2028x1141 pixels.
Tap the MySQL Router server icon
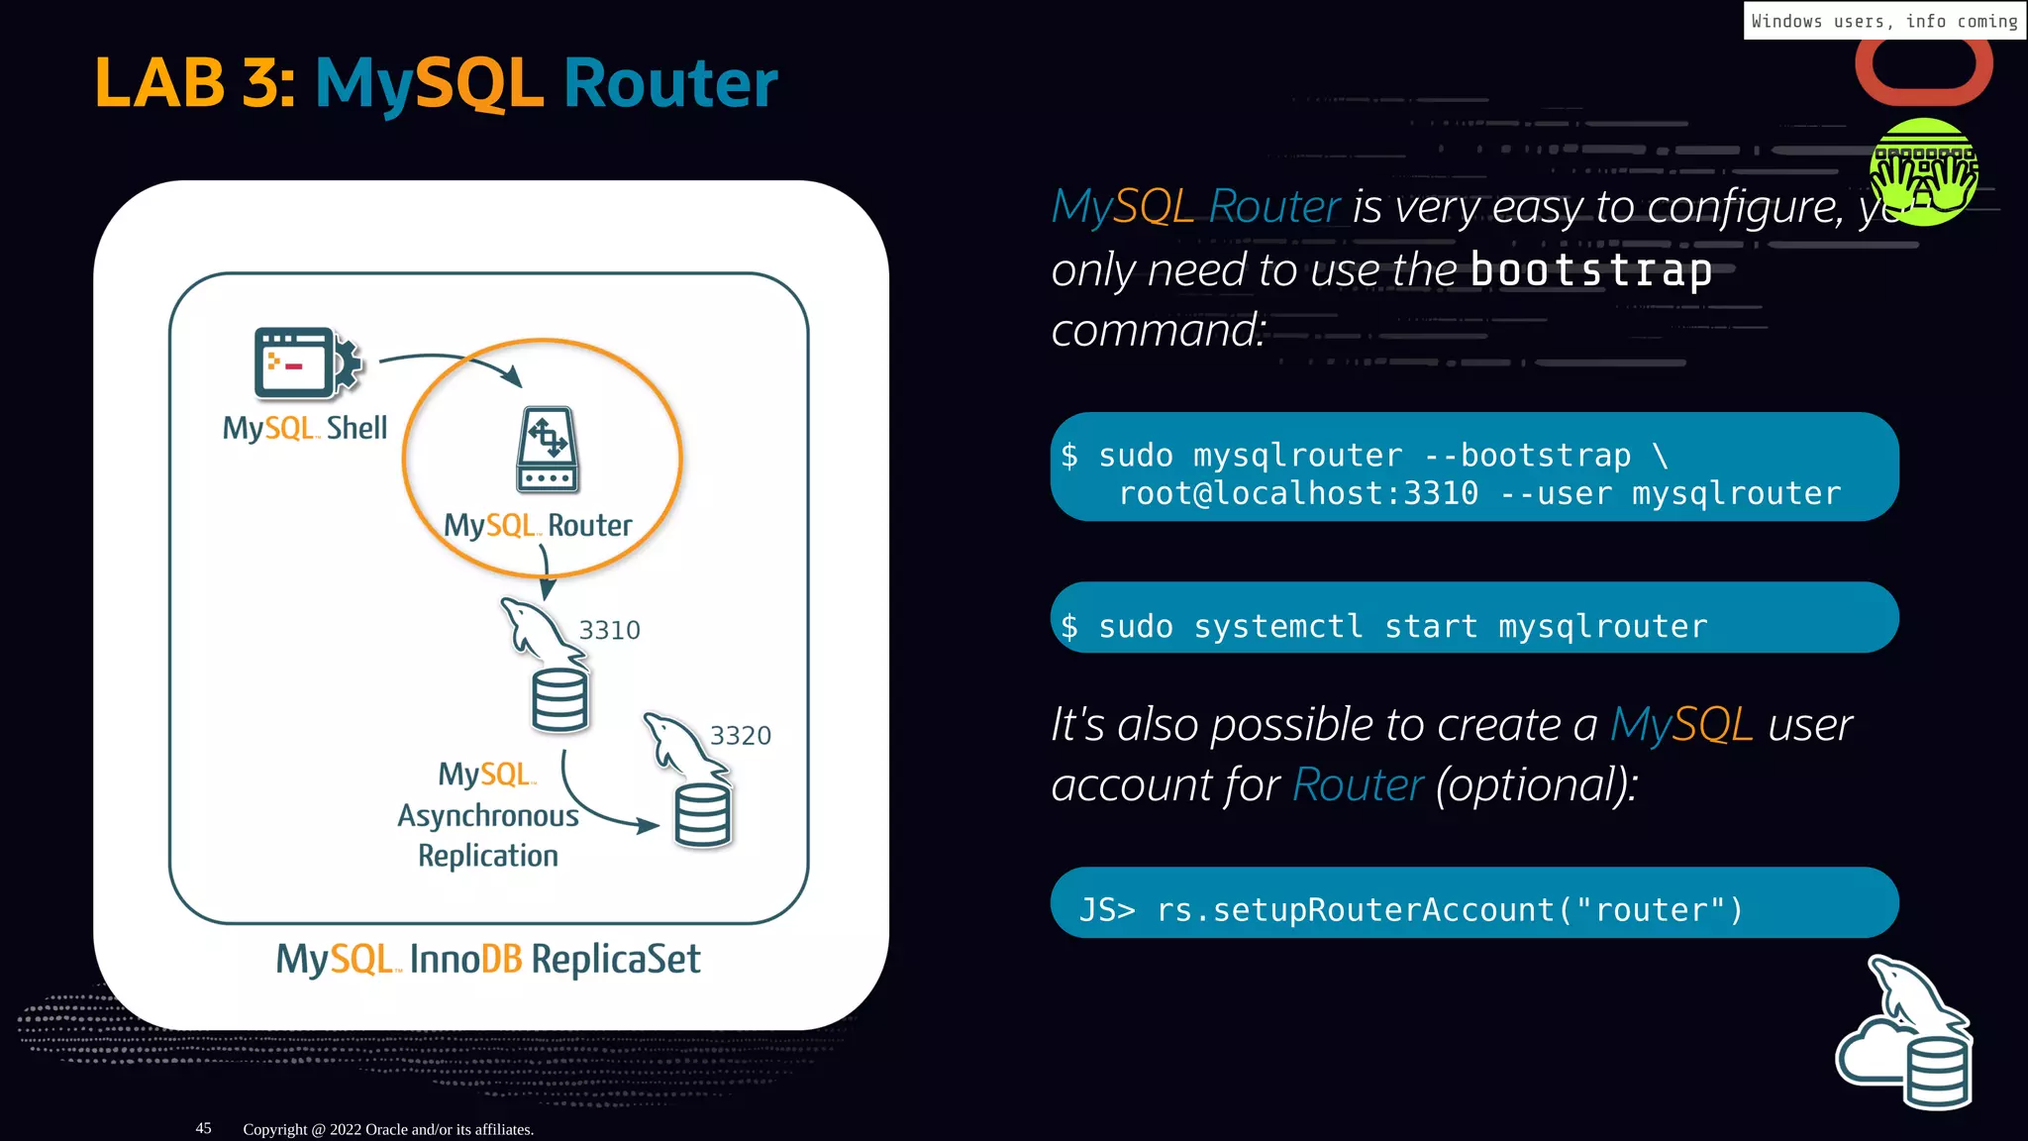click(548, 449)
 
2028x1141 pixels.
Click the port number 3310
click(609, 630)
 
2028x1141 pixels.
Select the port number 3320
click(740, 736)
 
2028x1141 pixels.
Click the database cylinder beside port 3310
click(559, 700)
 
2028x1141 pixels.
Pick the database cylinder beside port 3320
click(702, 815)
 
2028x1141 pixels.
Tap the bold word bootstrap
click(1590, 270)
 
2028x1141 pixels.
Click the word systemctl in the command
click(1277, 626)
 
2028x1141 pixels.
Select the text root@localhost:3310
click(1298, 493)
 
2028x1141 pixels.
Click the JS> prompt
click(1106, 909)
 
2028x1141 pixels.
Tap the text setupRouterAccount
click(1383, 909)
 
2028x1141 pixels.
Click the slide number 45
click(203, 1128)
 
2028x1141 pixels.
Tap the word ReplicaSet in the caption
click(615, 959)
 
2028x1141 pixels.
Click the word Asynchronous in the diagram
click(488, 816)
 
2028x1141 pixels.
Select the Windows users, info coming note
click(1883, 21)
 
